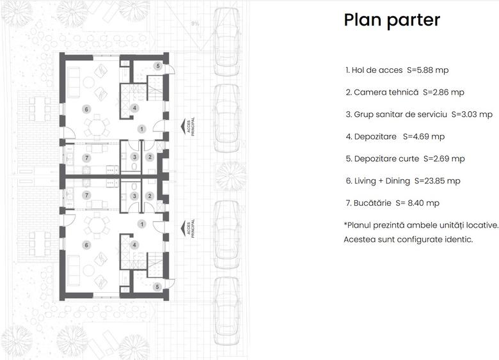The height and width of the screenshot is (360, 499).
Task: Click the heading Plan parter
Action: click(x=392, y=20)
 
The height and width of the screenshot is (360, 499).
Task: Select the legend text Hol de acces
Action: click(x=377, y=70)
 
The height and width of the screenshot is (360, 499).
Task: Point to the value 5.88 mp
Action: click(x=440, y=70)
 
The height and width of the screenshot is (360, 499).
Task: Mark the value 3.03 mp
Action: click(x=476, y=114)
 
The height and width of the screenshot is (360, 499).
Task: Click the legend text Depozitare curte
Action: click(x=386, y=159)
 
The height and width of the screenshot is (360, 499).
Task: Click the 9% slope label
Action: click(x=194, y=24)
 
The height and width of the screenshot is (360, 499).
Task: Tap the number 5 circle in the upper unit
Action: click(x=157, y=66)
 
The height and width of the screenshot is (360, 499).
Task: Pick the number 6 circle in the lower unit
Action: click(x=86, y=245)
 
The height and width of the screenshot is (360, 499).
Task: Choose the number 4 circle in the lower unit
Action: click(x=134, y=245)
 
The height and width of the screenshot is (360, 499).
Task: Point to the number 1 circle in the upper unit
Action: click(x=142, y=129)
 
